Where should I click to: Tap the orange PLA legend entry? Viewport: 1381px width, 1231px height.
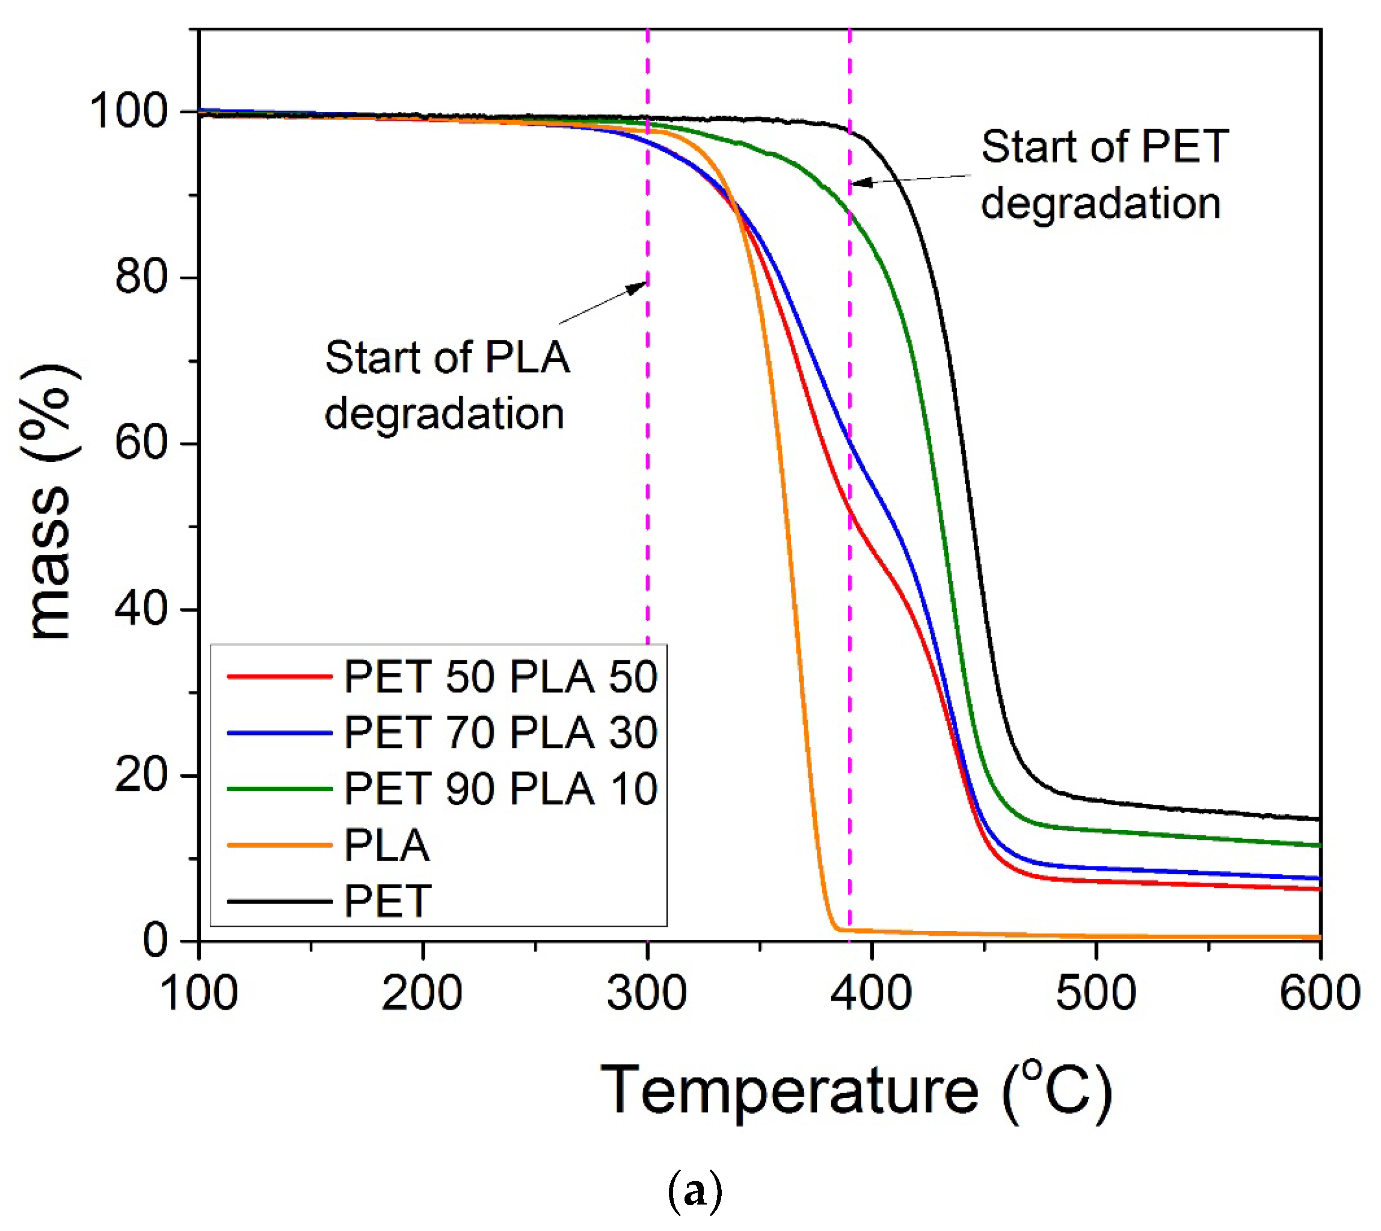[x=386, y=846]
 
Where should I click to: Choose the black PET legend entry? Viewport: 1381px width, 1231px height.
[x=386, y=901]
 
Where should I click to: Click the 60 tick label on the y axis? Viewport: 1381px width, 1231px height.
[x=141, y=444]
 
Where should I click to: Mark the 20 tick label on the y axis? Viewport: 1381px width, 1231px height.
[x=141, y=775]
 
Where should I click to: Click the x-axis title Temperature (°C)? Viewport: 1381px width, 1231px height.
[x=856, y=1090]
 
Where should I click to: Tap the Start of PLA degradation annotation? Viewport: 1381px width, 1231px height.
[x=446, y=385]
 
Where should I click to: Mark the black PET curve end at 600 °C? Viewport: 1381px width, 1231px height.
[x=1318, y=819]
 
